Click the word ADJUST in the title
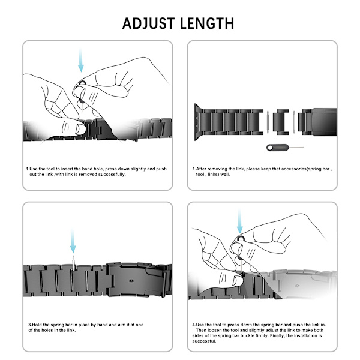coord(149,23)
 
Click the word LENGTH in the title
coord(207,23)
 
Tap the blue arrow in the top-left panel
coord(80,60)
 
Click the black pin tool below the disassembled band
coord(284,148)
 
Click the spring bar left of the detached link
coord(268,122)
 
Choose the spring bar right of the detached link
coord(294,122)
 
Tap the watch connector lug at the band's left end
coord(197,122)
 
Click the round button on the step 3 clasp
coord(131,281)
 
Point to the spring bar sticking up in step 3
coord(73,263)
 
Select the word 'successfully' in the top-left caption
coord(112,175)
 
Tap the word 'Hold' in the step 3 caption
coord(37,325)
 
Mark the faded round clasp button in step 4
coord(297,286)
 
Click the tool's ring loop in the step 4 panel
coord(241,239)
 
